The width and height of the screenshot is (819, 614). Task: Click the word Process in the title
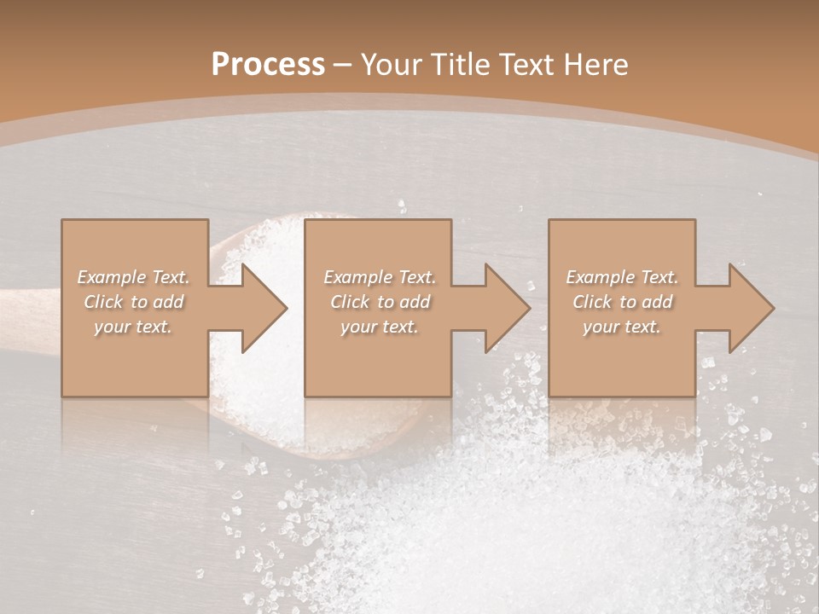pyautogui.click(x=268, y=65)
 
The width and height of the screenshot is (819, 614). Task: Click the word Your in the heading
pyautogui.click(x=392, y=65)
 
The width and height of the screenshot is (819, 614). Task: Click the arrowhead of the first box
pyautogui.click(x=260, y=308)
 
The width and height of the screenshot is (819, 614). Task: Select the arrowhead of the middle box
pyautogui.click(x=504, y=308)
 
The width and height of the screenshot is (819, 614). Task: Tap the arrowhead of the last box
pyautogui.click(x=748, y=308)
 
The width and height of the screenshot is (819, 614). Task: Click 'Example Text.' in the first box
pyautogui.click(x=133, y=277)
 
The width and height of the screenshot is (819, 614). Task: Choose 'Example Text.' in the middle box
pyautogui.click(x=380, y=277)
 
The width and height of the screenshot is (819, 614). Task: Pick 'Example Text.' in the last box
pyautogui.click(x=622, y=277)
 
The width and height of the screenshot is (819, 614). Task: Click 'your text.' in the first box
pyautogui.click(x=133, y=327)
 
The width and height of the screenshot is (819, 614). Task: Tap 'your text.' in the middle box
pyautogui.click(x=380, y=327)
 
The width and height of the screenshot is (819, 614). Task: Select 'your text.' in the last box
pyautogui.click(x=622, y=327)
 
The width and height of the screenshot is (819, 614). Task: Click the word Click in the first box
pyautogui.click(x=103, y=302)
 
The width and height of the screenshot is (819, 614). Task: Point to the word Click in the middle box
pyautogui.click(x=350, y=302)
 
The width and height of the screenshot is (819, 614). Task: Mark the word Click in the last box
pyautogui.click(x=592, y=302)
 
